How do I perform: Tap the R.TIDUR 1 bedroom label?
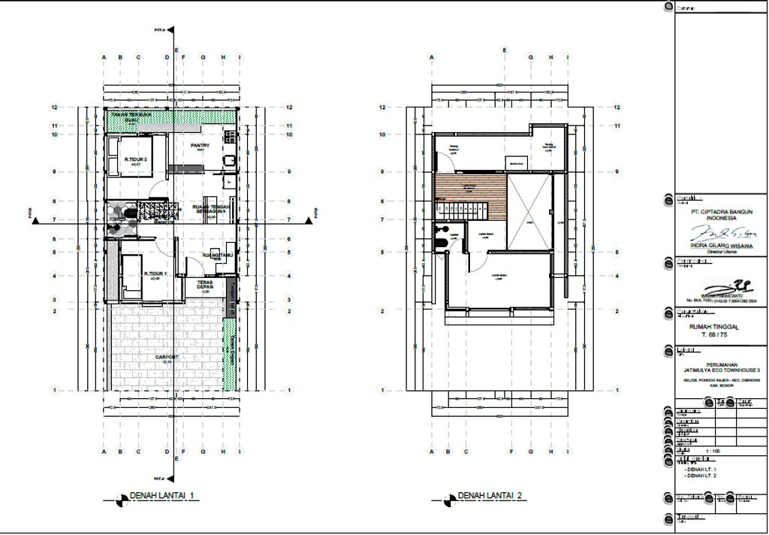[155, 274]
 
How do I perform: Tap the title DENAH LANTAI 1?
[162, 495]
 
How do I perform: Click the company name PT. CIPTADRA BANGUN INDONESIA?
[722, 215]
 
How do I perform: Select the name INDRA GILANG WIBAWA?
[722, 245]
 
